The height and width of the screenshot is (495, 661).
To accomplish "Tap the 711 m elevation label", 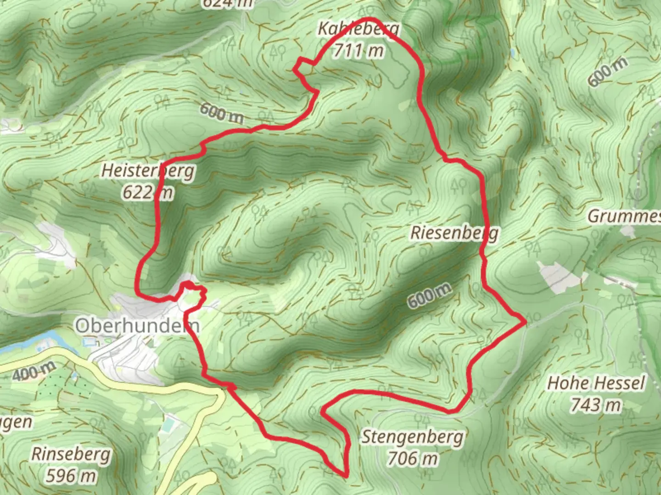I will (359, 50).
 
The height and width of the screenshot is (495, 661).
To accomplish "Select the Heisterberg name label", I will (148, 171).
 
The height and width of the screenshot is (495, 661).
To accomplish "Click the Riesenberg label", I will (454, 233).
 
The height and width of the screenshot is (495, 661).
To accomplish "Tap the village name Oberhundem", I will (137, 326).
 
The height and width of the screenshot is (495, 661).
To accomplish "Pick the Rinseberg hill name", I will (71, 455).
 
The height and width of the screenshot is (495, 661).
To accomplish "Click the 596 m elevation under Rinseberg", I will (71, 476).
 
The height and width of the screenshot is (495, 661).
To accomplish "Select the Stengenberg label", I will (412, 437).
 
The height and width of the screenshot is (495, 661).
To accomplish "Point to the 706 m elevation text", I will (412, 457).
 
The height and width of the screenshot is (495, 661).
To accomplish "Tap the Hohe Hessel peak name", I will (596, 383).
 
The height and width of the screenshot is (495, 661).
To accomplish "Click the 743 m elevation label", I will (596, 404).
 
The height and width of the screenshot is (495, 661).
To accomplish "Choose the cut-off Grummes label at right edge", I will (624, 216).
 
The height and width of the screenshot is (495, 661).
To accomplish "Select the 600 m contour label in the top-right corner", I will (607, 71).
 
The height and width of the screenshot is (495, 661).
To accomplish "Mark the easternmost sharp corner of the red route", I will (525, 322).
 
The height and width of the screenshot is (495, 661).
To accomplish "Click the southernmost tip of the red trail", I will (345, 475).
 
